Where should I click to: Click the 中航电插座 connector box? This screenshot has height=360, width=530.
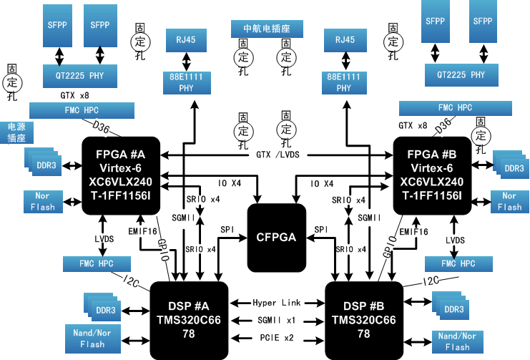click(267, 29)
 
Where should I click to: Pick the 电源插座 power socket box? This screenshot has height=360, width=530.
click(16, 132)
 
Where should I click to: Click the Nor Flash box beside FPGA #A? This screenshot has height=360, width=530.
click(43, 202)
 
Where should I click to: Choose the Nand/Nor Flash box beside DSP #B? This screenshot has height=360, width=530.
click(457, 341)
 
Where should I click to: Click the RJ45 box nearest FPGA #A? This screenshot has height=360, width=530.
click(186, 40)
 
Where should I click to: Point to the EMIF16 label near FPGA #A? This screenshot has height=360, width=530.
click(143, 231)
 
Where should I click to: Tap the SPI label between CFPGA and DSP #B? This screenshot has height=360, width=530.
click(321, 229)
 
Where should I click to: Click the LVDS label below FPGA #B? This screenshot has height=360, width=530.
click(456, 240)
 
